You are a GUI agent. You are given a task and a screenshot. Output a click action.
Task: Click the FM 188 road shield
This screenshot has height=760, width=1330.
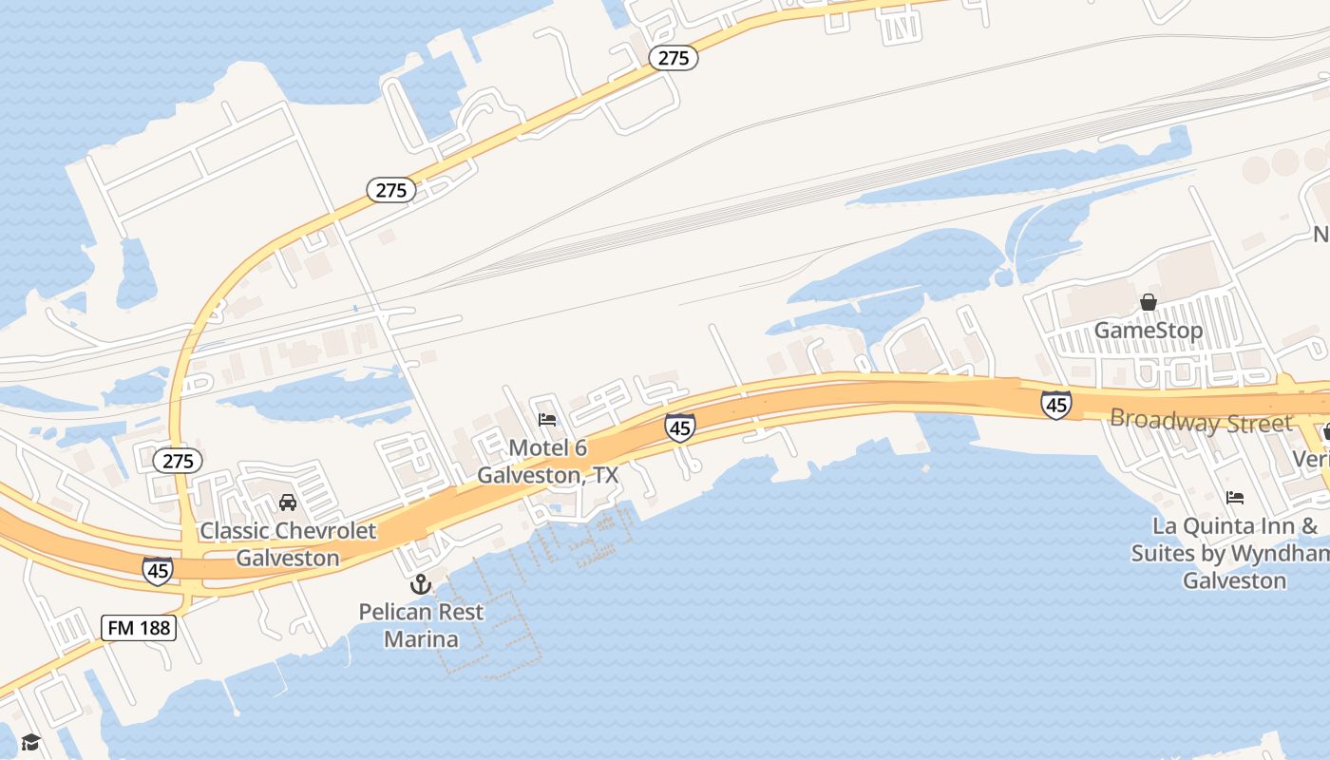(139, 627)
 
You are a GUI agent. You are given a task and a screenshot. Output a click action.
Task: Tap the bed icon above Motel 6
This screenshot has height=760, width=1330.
(547, 419)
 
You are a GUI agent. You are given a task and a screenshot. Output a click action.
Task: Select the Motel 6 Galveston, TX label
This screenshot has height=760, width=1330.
(547, 461)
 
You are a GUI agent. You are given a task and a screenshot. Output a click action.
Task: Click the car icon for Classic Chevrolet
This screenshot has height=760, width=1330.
(288, 502)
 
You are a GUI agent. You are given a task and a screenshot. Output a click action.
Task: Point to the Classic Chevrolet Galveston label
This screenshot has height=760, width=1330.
(288, 543)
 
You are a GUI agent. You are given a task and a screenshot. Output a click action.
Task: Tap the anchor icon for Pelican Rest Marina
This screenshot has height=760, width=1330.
(420, 584)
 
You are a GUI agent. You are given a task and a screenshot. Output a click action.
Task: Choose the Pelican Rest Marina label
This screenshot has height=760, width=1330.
(421, 625)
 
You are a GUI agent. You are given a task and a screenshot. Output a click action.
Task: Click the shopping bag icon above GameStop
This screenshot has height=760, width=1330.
(1149, 302)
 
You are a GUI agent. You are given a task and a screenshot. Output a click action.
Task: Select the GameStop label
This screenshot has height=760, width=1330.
(1149, 331)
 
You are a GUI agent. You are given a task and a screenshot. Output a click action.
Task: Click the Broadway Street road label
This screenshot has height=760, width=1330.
(1201, 421)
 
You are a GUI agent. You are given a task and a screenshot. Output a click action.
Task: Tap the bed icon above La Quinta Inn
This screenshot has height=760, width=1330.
(1235, 497)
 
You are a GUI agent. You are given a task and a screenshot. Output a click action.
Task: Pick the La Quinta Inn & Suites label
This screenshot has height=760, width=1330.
(1234, 552)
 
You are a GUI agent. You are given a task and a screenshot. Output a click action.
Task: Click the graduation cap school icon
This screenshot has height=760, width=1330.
(30, 742)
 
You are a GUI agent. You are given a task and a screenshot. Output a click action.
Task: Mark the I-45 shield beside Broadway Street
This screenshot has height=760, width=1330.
(1056, 404)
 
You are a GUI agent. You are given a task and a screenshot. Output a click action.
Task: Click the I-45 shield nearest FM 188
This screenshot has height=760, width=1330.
(158, 570)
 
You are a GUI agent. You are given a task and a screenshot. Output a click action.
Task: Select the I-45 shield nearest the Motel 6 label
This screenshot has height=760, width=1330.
(679, 427)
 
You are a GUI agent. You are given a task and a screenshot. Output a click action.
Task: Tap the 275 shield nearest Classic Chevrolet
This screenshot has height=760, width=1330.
(178, 462)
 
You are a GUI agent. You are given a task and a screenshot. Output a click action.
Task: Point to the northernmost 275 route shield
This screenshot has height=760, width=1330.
(674, 58)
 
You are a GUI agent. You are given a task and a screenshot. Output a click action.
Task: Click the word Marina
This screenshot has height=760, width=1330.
(421, 638)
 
